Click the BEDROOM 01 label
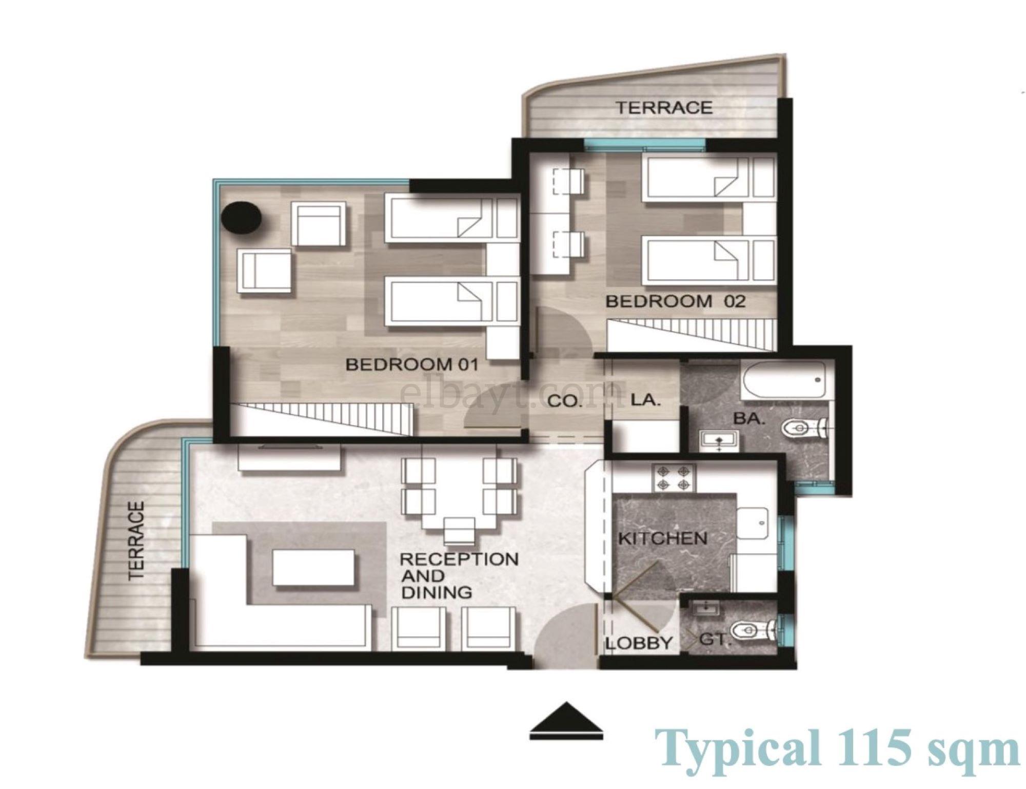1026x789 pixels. [412, 365]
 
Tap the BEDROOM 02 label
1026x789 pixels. [675, 301]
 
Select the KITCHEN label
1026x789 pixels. [663, 538]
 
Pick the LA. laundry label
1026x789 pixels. [644, 399]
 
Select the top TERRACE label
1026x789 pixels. [664, 107]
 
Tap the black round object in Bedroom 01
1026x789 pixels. [242, 218]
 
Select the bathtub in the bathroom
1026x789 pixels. [784, 380]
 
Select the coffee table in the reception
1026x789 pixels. [313, 568]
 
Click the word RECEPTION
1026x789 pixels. [459, 559]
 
